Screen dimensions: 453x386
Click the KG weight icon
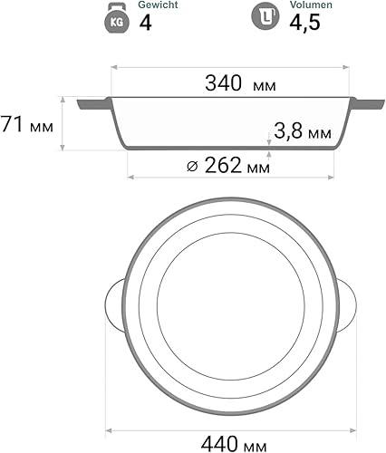[x=115, y=18]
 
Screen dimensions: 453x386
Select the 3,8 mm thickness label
[x=303, y=133]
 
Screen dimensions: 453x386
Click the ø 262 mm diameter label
[x=227, y=166]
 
